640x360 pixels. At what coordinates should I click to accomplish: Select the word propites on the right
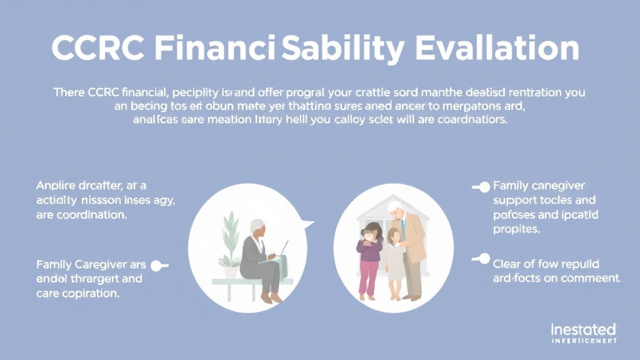click(x=517, y=229)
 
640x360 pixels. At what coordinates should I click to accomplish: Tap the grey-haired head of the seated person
click(x=257, y=227)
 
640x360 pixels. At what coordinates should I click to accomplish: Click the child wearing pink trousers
click(x=369, y=256)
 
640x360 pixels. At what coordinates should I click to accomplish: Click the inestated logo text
click(x=583, y=329)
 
